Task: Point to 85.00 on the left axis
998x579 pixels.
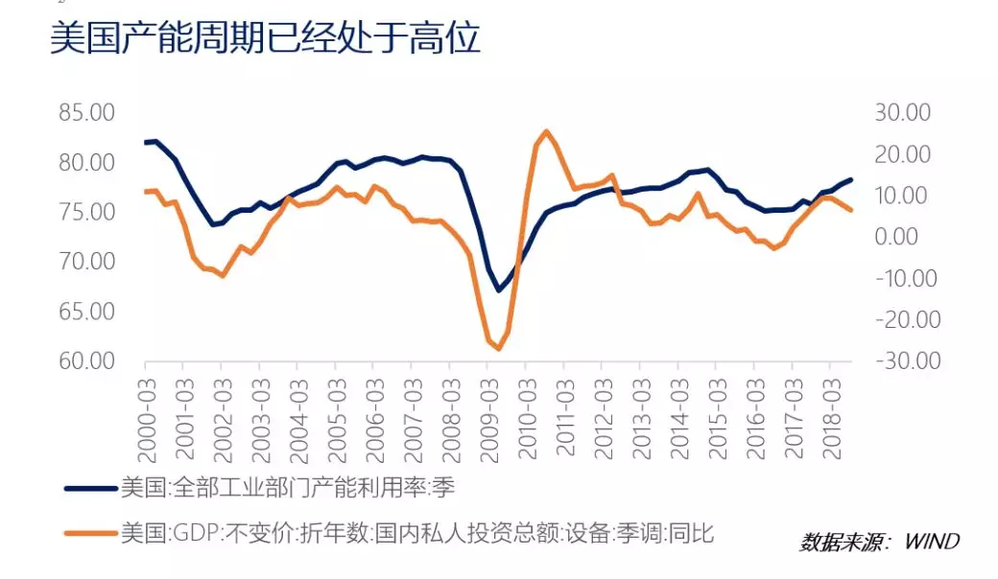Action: click(x=86, y=112)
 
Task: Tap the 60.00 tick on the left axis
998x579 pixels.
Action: click(x=86, y=361)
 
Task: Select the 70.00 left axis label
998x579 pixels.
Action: click(x=86, y=262)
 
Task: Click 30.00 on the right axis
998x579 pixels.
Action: click(x=903, y=112)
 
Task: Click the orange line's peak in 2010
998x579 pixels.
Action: click(x=546, y=131)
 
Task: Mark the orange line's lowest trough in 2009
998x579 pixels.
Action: click(x=497, y=349)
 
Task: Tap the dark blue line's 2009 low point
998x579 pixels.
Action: click(x=498, y=290)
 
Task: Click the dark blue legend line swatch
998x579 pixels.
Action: click(x=90, y=488)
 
